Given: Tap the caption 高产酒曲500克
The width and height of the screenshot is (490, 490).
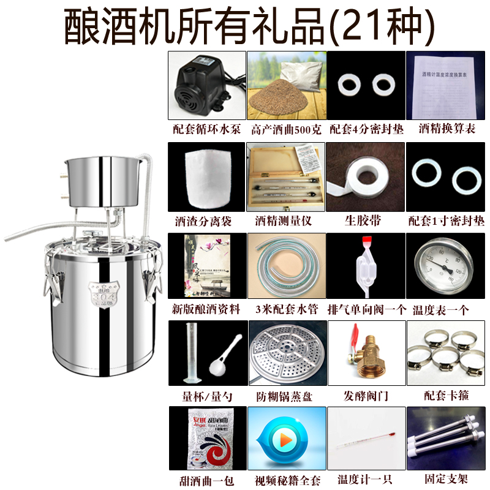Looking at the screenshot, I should pos(286,130).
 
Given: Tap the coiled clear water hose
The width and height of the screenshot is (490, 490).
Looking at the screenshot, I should pos(286,268).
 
